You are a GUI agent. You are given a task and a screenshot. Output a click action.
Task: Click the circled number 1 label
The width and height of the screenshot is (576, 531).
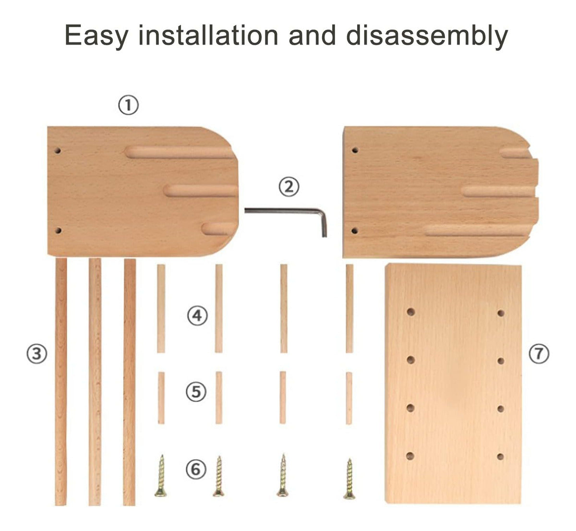click(x=128, y=105)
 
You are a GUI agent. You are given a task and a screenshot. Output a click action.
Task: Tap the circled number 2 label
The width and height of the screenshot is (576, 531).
click(x=289, y=187)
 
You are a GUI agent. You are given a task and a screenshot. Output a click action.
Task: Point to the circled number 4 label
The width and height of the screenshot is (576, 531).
click(x=197, y=315)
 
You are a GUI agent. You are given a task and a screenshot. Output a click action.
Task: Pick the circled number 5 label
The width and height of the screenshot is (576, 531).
click(x=196, y=391)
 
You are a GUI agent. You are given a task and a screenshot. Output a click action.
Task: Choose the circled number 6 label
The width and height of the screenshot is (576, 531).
click(x=196, y=469)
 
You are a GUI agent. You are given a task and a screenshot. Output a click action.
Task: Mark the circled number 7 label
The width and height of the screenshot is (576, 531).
click(x=539, y=353)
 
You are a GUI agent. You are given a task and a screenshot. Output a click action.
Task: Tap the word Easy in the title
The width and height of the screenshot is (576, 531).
click(x=96, y=36)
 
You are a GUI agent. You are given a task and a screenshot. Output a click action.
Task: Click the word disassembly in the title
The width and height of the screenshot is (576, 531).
click(x=427, y=36)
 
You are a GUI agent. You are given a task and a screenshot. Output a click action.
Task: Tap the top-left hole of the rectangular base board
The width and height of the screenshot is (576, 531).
click(x=410, y=312)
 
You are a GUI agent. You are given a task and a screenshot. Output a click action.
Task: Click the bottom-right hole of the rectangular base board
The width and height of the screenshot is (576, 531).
click(x=501, y=457)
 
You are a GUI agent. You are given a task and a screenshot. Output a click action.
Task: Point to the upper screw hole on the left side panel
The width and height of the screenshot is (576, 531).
click(x=58, y=150)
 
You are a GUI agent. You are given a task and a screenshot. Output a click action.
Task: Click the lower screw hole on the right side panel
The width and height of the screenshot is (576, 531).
click(x=355, y=230)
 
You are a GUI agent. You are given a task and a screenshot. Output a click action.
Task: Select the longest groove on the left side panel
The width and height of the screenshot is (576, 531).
click(x=179, y=152)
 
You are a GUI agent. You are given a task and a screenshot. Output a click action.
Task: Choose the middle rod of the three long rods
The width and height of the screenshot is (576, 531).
click(x=95, y=382)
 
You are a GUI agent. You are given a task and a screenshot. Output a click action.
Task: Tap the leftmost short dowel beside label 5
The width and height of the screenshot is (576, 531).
click(x=161, y=398)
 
